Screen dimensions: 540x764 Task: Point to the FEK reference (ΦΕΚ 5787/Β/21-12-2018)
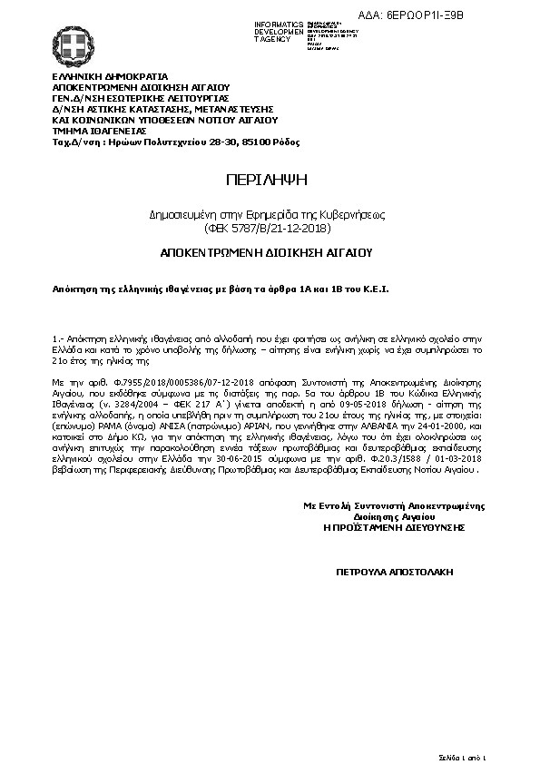click(268, 229)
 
